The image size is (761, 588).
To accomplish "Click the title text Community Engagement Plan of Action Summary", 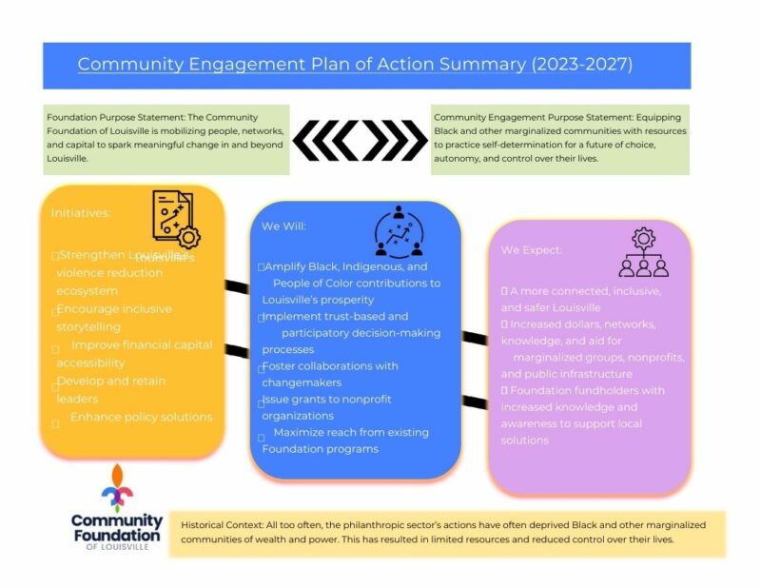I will coord(302,65).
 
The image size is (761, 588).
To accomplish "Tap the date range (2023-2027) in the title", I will coord(582,65).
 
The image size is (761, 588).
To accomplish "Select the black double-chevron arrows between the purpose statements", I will coord(361,141).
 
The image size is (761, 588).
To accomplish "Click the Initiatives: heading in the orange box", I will coord(81,213).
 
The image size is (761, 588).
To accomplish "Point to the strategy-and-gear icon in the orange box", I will coord(175,220).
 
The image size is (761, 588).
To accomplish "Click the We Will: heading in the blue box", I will coord(284,226).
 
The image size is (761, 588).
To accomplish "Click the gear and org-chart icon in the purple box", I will coord(643,252).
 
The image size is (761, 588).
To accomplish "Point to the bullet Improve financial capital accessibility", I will coord(133,354).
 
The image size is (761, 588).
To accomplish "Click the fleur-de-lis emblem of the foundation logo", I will coord(117,488).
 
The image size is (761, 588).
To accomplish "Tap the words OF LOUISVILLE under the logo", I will coord(117,548).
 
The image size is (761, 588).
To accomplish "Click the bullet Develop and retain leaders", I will coord(110,390).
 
